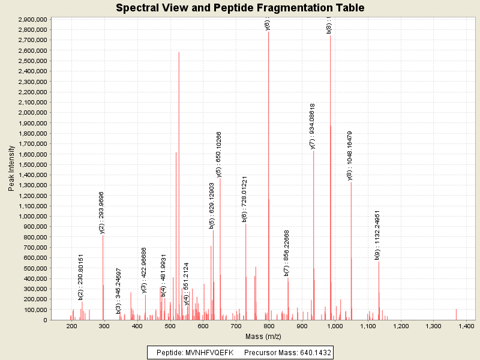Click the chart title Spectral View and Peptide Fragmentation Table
point(240,8)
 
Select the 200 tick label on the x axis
point(71,326)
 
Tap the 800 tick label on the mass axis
point(269,326)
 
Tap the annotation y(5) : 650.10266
point(219,154)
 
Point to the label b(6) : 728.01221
point(245,199)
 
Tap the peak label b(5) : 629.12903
point(212,206)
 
